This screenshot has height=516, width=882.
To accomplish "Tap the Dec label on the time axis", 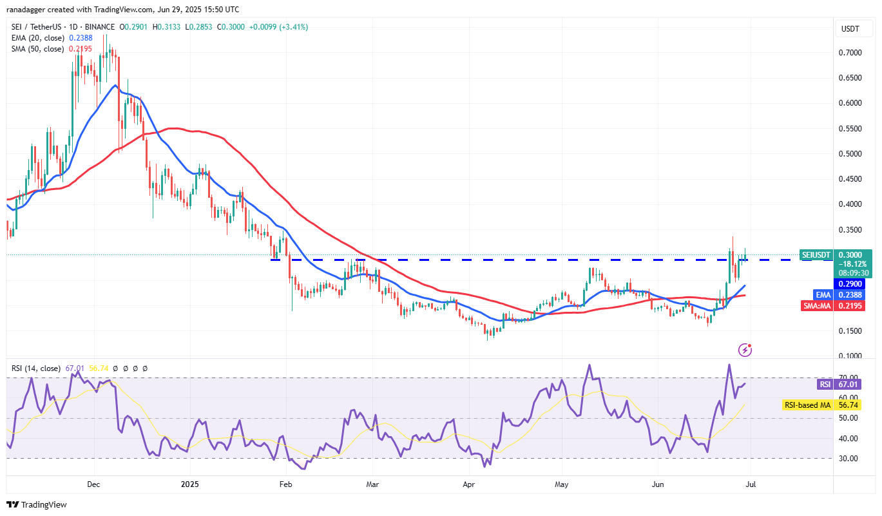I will click(93, 483).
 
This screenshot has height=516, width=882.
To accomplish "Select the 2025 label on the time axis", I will click(189, 483).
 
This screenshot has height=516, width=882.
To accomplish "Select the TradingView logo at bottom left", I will click(37, 504).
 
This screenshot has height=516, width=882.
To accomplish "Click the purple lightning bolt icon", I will click(745, 350).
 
